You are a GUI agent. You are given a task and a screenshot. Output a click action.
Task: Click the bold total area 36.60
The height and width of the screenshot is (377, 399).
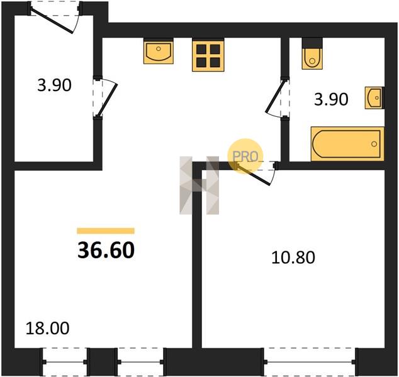(106, 250)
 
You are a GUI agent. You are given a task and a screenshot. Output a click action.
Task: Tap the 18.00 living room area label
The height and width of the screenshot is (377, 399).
(47, 328)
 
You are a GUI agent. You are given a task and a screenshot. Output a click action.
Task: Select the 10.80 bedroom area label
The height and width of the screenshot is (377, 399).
(293, 257)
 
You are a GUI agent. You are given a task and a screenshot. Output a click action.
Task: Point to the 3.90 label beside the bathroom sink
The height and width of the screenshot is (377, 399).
(331, 99)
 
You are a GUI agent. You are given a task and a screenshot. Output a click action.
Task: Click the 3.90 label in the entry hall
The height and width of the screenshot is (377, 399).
(54, 85)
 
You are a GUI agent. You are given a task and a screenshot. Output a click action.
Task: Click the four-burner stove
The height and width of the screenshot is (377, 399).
(208, 56)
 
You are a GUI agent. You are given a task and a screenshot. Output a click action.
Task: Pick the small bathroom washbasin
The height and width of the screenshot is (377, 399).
(374, 98)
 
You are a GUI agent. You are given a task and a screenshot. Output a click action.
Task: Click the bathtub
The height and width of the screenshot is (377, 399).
(347, 144)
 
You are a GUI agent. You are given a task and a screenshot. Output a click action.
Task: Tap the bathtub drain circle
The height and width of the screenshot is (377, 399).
(374, 144)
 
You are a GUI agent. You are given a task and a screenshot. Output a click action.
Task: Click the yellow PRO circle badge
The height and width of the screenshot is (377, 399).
(245, 156)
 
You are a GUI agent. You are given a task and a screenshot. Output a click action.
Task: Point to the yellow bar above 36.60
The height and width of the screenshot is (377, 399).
(106, 231)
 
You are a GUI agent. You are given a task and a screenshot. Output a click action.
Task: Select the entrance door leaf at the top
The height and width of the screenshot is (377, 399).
(52, 21)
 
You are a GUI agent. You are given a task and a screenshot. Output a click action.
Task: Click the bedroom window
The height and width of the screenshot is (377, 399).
(310, 362)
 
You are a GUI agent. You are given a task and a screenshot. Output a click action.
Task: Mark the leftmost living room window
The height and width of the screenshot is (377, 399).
(65, 362)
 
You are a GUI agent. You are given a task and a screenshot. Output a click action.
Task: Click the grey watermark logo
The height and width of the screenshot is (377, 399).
(199, 185)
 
